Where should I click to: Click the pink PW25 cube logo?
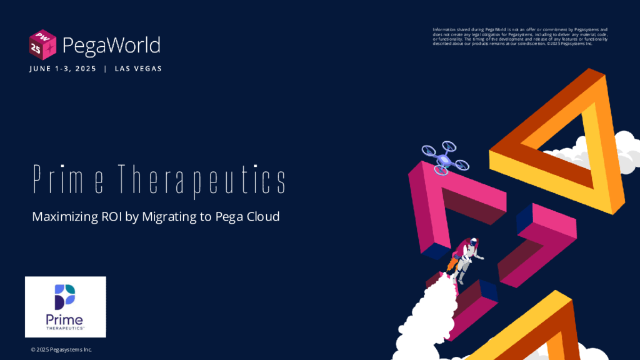pos(42,44)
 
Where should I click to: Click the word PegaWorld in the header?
pos(111,46)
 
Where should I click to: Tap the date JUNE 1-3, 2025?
pos(63,69)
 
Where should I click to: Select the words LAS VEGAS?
pos(138,69)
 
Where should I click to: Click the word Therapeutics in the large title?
pos(202,180)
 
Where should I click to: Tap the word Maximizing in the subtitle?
pos(65,217)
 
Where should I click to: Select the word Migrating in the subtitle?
pos(169,217)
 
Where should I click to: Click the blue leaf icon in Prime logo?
pos(65,297)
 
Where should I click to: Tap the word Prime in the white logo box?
pos(64,321)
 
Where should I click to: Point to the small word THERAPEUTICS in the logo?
pos(65,328)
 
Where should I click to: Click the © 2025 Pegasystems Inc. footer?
pos(62,349)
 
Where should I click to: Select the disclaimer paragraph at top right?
pos(520,36)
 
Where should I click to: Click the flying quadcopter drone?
pos(445,158)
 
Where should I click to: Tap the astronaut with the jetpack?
pos(466,259)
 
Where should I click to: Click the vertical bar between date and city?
pos(106,69)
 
